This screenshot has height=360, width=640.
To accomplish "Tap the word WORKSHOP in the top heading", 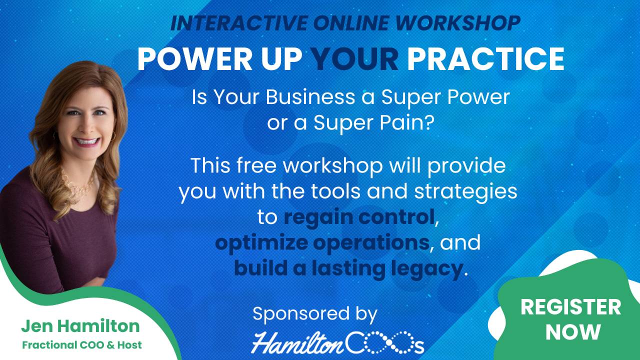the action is (x=458, y=23).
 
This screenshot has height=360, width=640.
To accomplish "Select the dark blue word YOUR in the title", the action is (x=354, y=58).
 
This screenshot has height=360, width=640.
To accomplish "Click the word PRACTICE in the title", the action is (x=485, y=58).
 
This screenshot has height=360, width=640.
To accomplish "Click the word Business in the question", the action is (x=310, y=97).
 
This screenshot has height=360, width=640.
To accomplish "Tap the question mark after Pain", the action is (x=429, y=122).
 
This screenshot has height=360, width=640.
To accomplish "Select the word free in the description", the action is (x=256, y=165).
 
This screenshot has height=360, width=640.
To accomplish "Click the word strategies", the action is (x=465, y=192).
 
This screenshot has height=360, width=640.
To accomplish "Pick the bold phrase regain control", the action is (x=359, y=217).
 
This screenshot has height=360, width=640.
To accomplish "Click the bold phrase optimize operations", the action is (x=322, y=243).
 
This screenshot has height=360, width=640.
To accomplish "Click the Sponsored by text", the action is (x=315, y=313).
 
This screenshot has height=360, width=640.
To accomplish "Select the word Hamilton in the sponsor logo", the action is (x=297, y=342).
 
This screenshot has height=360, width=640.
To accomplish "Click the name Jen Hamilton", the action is (x=80, y=326).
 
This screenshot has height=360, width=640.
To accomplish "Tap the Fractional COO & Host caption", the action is (x=82, y=345).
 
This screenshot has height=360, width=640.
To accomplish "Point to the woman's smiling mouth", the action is (x=86, y=141).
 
